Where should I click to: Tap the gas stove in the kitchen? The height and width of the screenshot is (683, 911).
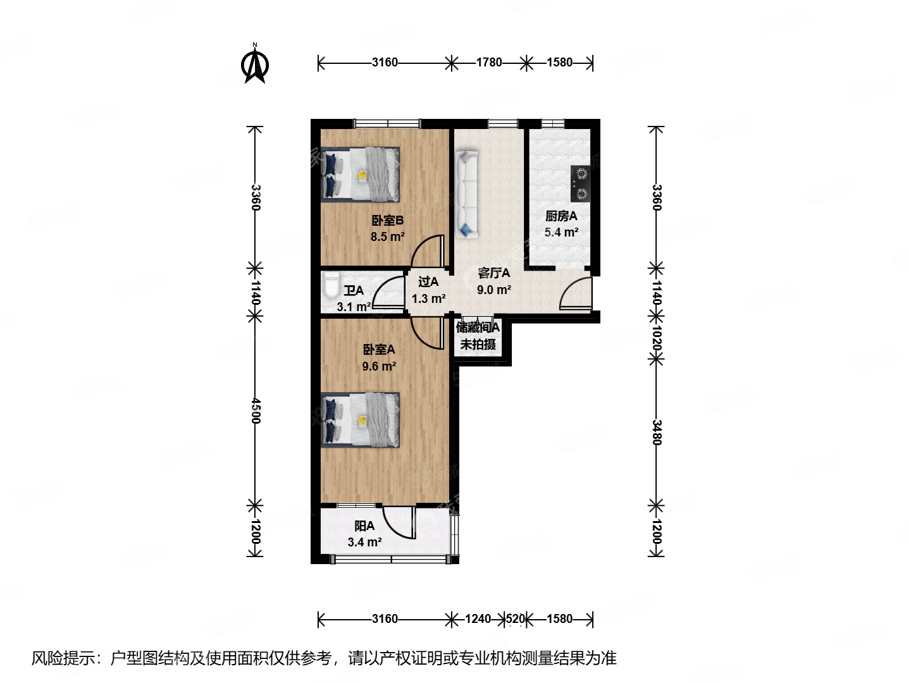point(581,183)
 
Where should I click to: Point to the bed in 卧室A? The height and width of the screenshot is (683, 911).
point(361,419)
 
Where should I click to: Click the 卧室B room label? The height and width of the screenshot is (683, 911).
point(387,221)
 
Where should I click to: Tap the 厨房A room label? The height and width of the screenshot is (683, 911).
point(561,216)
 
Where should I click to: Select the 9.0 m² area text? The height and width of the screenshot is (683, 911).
point(493,290)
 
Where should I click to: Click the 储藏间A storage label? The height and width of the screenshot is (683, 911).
point(478,327)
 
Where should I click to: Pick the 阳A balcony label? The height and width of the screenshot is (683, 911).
point(364,526)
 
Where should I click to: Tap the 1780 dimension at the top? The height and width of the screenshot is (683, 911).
point(488,62)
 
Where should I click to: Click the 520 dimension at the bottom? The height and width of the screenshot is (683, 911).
point(516,618)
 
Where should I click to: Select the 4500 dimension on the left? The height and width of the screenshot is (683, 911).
point(255,410)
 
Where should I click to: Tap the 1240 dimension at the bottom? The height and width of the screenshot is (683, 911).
point(478,618)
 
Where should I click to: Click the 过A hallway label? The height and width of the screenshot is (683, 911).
point(428,282)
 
